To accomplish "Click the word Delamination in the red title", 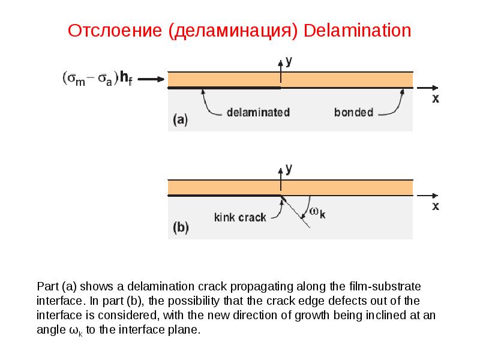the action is (357, 31).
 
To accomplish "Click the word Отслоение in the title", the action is (115, 31).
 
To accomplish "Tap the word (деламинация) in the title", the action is (233, 32).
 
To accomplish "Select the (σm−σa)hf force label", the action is (98, 79).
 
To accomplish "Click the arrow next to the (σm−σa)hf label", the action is (151, 79).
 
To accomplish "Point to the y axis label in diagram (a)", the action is (289, 62).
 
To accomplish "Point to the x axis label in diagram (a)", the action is (436, 98).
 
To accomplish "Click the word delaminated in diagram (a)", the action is (259, 112).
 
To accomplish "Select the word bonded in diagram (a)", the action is (353, 112).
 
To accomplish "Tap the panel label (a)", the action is (181, 119).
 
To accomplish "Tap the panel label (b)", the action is (181, 227).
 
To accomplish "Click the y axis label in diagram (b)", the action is (289, 170).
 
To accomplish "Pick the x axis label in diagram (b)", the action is (436, 206).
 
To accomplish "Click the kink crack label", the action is (241, 217).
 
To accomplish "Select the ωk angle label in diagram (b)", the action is (317, 212).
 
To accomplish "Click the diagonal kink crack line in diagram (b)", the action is (295, 212).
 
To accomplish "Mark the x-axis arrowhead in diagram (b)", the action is (435, 196).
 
